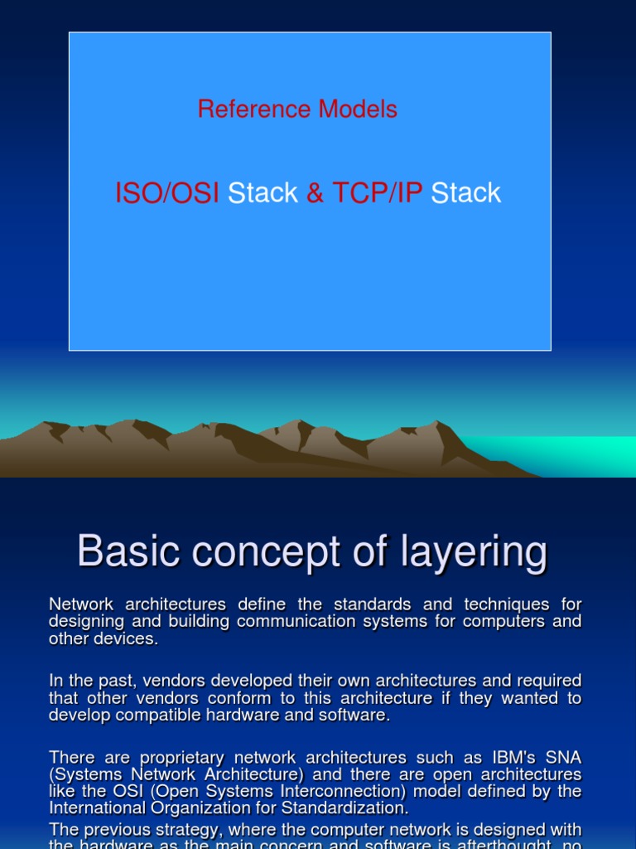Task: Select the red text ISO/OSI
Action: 167,193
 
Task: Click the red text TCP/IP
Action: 377,193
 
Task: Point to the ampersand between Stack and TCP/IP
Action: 315,193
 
